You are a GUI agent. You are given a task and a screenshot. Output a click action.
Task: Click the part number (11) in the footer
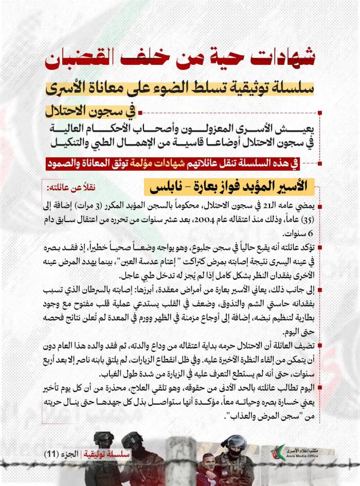pos(52,455)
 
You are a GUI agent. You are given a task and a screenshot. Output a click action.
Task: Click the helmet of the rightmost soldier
pos(237,442)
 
